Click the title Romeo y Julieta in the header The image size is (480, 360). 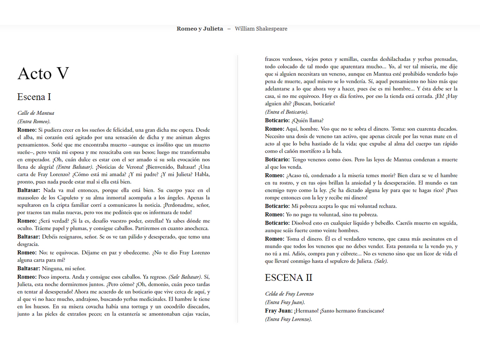200,29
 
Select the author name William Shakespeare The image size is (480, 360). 261,29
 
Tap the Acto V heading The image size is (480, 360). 43,73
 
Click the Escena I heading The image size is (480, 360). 34,97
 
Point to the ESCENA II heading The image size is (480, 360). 288,277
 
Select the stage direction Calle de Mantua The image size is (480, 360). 36,113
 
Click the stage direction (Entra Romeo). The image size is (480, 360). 34,121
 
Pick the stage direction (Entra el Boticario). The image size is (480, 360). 286,112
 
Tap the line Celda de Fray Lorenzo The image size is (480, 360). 289,294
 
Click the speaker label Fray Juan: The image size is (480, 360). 279,311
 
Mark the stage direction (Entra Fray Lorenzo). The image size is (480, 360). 288,319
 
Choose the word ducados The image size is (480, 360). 447,128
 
